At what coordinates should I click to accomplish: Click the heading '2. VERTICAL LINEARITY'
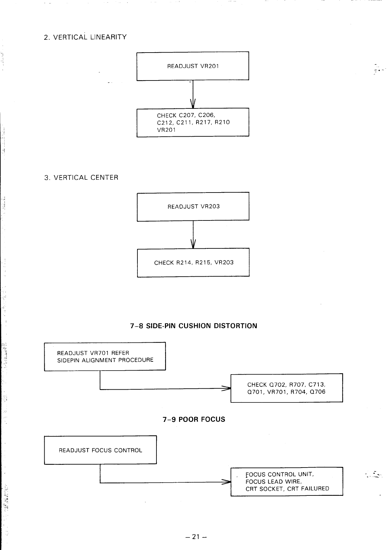click(x=85, y=37)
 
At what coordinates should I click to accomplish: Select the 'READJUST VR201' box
click(x=193, y=66)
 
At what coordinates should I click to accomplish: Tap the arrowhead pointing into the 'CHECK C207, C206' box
click(x=193, y=104)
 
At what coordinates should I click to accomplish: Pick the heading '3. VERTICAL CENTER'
click(x=81, y=178)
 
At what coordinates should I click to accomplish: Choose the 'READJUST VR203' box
click(x=193, y=207)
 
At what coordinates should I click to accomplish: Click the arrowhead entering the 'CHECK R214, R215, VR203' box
click(x=193, y=245)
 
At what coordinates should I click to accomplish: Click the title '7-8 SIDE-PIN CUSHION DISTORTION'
click(x=194, y=326)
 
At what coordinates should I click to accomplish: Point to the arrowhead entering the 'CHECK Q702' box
click(x=227, y=388)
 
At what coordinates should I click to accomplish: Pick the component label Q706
click(x=317, y=392)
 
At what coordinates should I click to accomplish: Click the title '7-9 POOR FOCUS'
click(x=194, y=420)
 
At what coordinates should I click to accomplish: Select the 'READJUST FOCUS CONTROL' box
click(x=100, y=450)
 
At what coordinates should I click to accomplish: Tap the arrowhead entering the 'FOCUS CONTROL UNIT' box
click(x=227, y=482)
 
